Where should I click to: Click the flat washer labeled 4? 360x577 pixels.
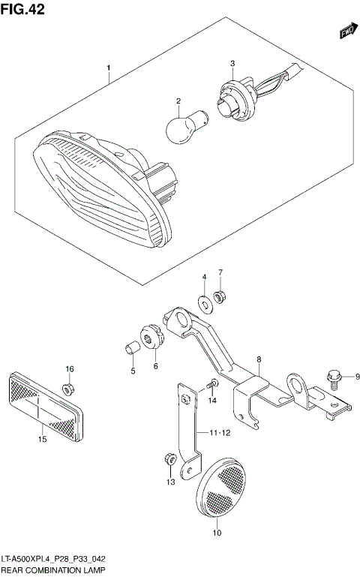[x=204, y=304]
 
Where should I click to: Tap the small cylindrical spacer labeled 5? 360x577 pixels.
[x=130, y=347]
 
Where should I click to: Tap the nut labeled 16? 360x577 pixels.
[x=69, y=389]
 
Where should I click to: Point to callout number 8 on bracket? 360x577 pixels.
[x=258, y=360]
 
